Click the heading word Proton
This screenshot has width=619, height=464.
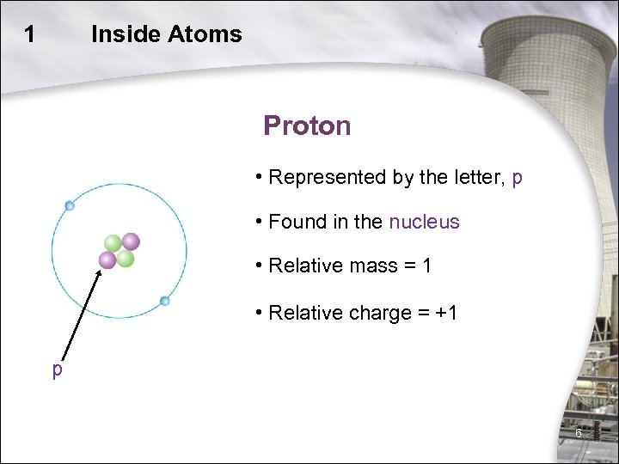(x=307, y=126)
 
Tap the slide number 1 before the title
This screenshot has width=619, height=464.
(x=30, y=34)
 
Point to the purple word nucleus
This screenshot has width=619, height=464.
(x=424, y=222)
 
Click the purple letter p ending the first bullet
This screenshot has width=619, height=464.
(x=517, y=178)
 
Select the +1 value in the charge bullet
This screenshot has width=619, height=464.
(x=446, y=313)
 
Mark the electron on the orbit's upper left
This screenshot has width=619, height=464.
(x=70, y=205)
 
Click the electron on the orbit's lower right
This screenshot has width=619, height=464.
(x=165, y=301)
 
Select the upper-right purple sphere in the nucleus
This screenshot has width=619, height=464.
(x=131, y=241)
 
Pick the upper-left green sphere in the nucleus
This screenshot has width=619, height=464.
(x=113, y=243)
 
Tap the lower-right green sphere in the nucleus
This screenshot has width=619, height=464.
(x=126, y=258)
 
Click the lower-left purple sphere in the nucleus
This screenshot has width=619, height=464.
(x=107, y=259)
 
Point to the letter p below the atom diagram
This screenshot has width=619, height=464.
(x=57, y=369)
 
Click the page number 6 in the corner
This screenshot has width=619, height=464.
(x=579, y=434)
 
